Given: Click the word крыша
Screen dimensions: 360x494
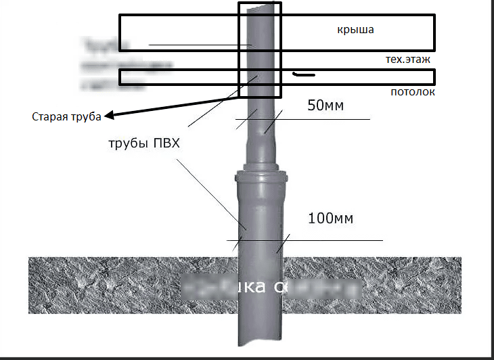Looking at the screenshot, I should (355, 30).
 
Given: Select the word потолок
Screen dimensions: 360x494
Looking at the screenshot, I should (412, 91).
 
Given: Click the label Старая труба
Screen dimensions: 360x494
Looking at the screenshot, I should (66, 116).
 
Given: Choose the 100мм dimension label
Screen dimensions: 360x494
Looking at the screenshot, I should (331, 219).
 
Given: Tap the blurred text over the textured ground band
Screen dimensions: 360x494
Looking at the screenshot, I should (271, 287).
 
